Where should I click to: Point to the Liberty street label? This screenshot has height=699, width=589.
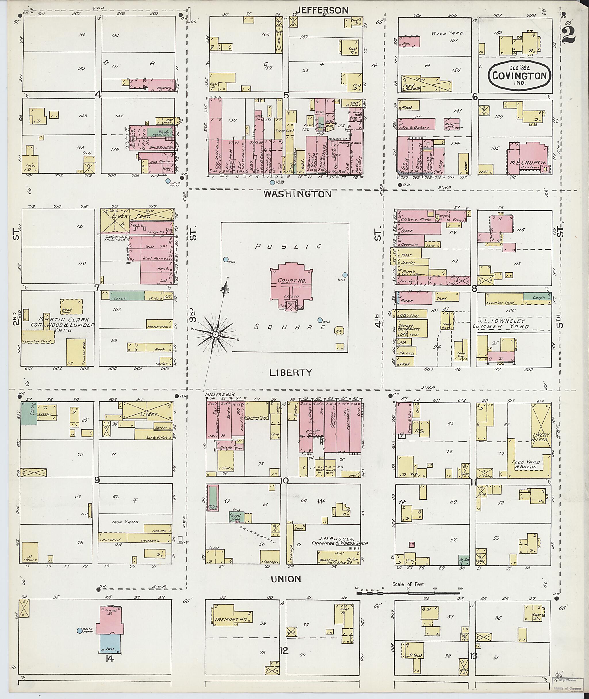pos(291,372)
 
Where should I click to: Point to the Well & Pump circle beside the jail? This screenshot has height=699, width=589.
pos(79,631)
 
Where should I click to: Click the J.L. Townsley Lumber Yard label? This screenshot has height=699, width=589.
pos(513,324)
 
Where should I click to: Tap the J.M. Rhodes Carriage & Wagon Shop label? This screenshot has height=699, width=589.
pos(339,543)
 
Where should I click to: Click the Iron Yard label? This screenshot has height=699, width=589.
pos(120,521)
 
